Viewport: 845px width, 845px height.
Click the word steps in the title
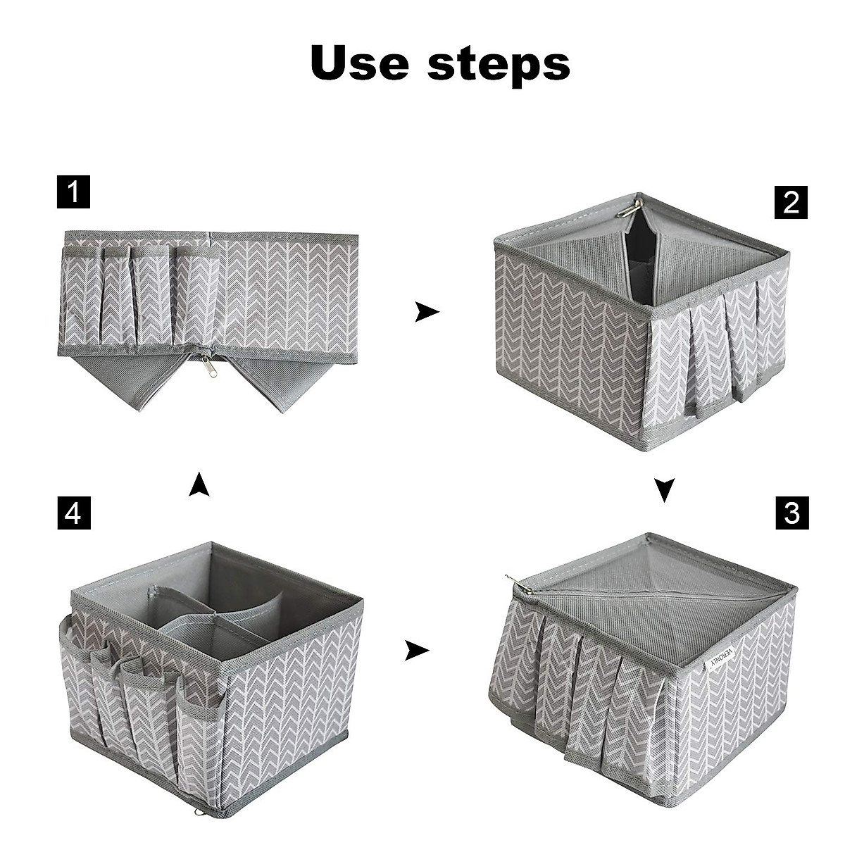(x=499, y=65)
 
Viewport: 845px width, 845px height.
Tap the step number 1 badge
(x=73, y=192)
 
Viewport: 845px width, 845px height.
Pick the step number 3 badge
(x=791, y=513)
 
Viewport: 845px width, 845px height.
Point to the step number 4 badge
(x=73, y=513)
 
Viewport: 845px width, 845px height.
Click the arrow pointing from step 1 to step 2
(x=426, y=311)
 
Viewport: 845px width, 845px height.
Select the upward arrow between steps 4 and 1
(x=199, y=484)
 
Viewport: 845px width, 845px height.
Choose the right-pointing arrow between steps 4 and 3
(x=417, y=651)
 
